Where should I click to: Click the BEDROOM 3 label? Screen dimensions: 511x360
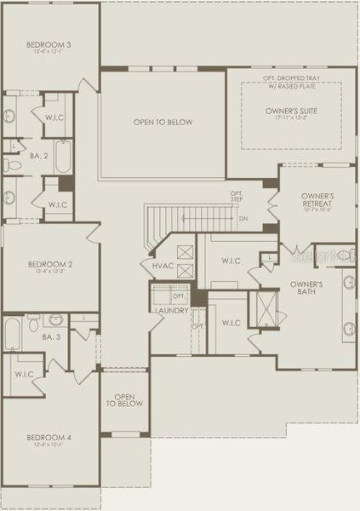click(x=48, y=44)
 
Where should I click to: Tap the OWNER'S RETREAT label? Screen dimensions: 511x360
click(x=317, y=201)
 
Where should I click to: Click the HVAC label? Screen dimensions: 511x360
click(x=163, y=267)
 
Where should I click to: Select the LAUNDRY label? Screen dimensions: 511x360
click(x=170, y=309)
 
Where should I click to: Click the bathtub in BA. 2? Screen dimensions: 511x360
click(x=65, y=157)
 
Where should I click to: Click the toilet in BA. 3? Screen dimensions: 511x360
click(x=33, y=323)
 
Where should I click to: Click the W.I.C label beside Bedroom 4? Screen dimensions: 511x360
click(x=23, y=374)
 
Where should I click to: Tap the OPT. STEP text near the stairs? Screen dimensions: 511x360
click(x=237, y=198)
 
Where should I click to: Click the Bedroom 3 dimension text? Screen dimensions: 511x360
click(x=48, y=53)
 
